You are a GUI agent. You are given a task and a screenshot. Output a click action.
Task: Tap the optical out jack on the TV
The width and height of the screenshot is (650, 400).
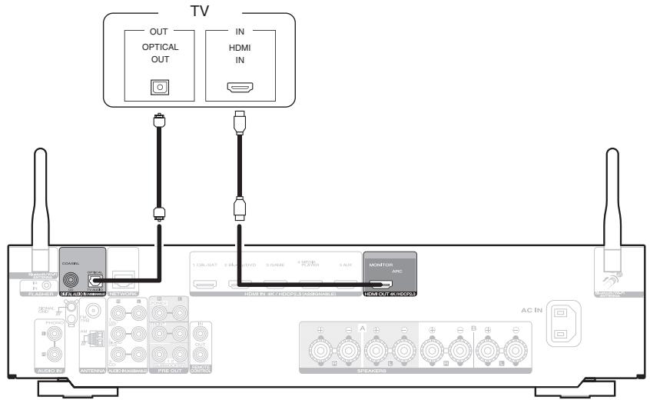click(159, 85)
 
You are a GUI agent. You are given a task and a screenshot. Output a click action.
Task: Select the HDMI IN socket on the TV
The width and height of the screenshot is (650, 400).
click(238, 86)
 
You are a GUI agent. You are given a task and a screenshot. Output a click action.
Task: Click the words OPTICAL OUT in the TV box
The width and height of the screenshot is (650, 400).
click(159, 52)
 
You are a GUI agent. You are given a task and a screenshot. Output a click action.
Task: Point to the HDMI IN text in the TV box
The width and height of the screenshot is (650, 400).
click(238, 52)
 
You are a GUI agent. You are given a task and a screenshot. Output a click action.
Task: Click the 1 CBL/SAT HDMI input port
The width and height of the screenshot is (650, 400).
click(206, 285)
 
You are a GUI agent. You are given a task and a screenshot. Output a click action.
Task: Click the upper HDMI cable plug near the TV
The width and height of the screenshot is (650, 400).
click(238, 122)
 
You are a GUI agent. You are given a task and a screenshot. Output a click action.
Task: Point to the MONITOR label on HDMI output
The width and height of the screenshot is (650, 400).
click(381, 265)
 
